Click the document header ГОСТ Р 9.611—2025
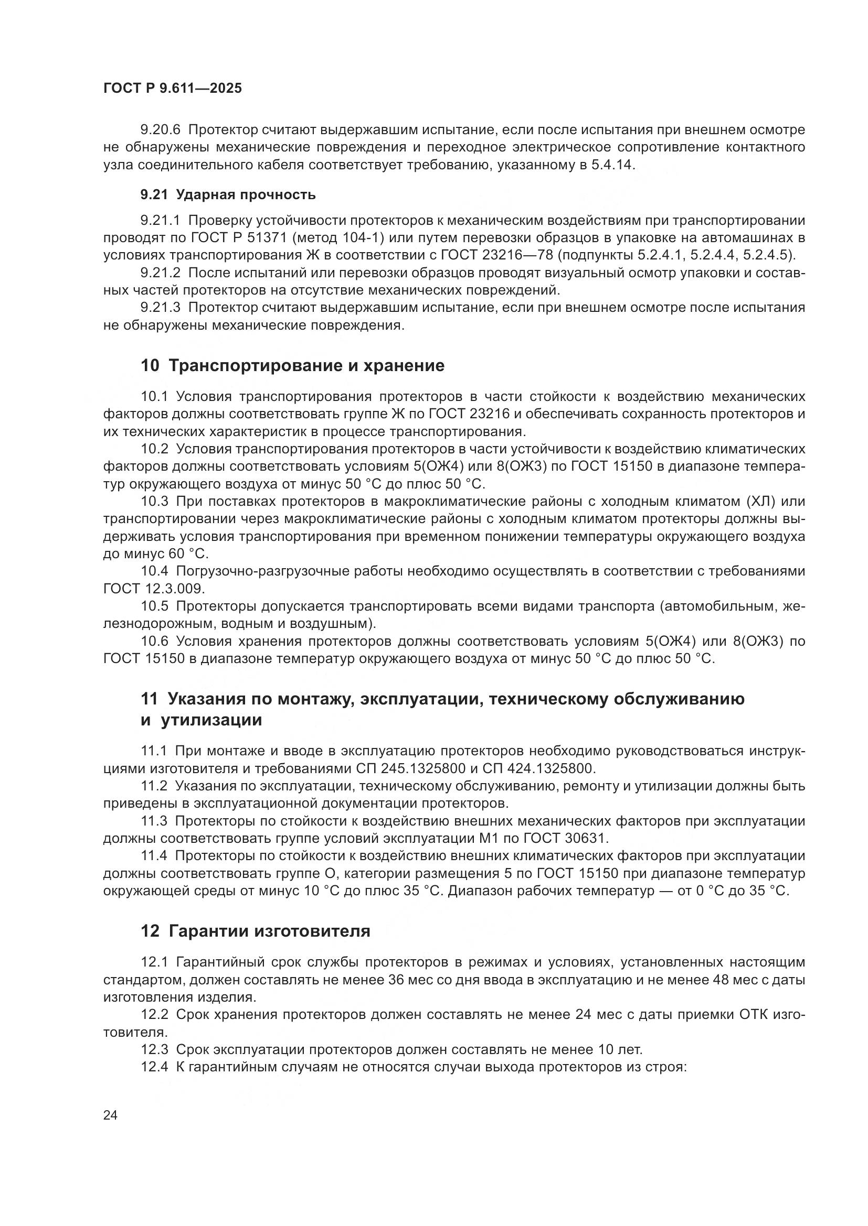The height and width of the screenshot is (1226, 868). tap(172, 88)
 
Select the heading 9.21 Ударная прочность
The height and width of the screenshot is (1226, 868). tap(228, 194)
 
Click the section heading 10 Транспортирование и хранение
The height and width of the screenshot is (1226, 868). tap(292, 366)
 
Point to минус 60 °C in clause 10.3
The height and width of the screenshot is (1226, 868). tap(166, 554)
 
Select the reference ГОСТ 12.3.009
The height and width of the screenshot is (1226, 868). tap(153, 589)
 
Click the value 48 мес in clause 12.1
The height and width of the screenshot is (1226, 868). tap(735, 980)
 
